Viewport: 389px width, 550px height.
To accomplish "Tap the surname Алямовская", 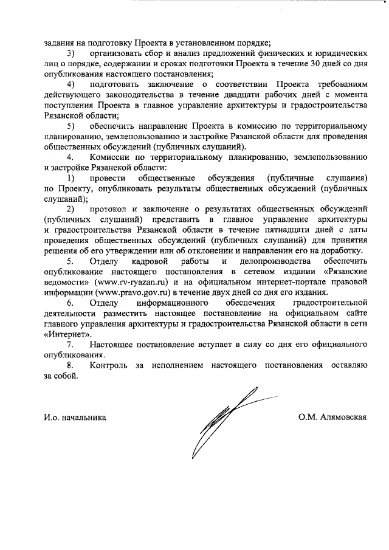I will (x=341, y=418).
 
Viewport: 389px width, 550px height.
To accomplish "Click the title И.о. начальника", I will (x=75, y=418).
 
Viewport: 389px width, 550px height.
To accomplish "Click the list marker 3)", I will (x=71, y=54).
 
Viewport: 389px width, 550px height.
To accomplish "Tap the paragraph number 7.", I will (x=71, y=345).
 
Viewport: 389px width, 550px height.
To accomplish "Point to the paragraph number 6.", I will (x=71, y=302).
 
